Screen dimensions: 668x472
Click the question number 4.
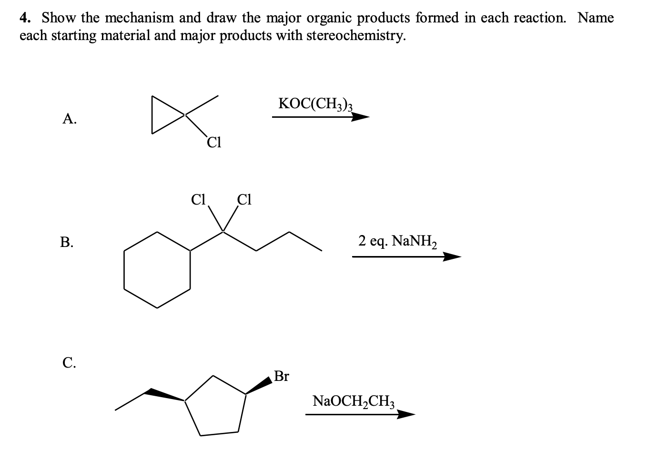coord(25,18)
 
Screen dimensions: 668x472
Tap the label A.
coord(70,119)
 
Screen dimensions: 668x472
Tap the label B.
coord(67,242)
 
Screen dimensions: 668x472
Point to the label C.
coord(69,363)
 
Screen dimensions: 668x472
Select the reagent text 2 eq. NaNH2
coord(398,242)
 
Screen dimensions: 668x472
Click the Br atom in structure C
coord(282,377)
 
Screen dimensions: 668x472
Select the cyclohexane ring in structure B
coord(157,270)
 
